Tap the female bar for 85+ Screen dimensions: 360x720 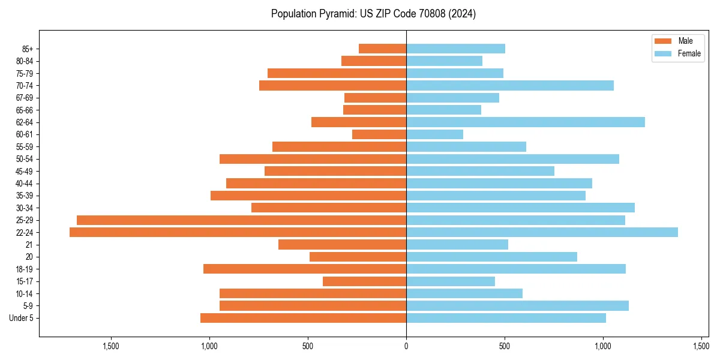(x=455, y=49)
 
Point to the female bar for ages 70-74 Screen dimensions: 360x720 (x=510, y=86)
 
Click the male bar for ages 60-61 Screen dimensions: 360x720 (x=379, y=134)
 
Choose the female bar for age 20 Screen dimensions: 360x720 (x=491, y=257)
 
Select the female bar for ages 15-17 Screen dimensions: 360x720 (x=451, y=281)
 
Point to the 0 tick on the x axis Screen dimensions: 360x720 (x=406, y=346)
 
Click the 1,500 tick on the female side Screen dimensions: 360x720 (x=701, y=346)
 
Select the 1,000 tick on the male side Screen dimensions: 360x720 (x=209, y=346)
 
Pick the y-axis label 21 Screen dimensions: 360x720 (x=29, y=245)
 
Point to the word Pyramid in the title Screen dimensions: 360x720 (x=334, y=14)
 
